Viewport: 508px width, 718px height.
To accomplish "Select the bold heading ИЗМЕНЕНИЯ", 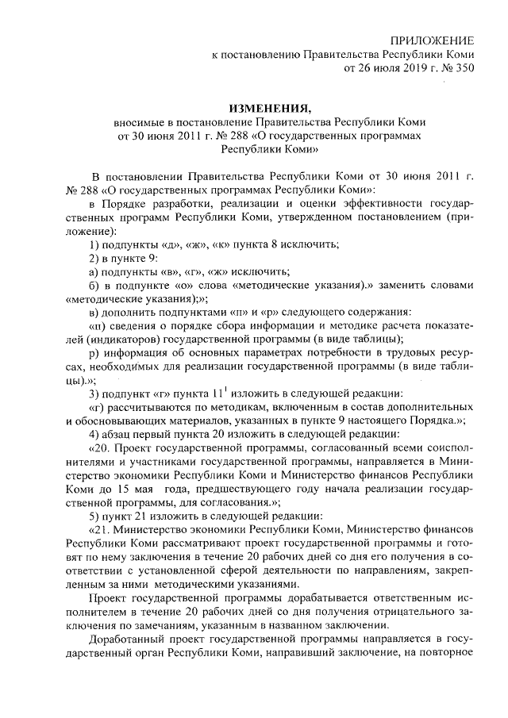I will coord(268,109).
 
